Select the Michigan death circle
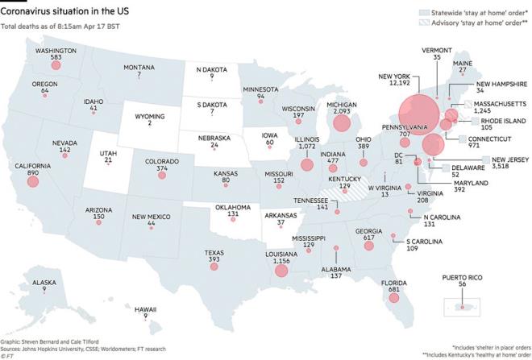click(342, 123)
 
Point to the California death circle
click(32, 181)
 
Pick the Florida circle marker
click(394, 299)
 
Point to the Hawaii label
click(145, 309)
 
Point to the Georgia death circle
click(369, 245)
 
